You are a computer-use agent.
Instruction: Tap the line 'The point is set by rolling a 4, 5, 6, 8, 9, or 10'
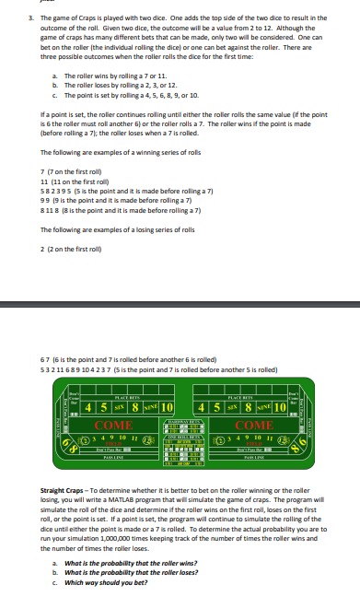pos(133,95)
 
